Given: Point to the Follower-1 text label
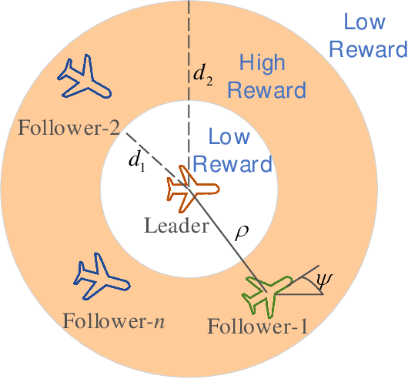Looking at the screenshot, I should pos(257,327).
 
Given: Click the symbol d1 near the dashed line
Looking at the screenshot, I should pos(135,162).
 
